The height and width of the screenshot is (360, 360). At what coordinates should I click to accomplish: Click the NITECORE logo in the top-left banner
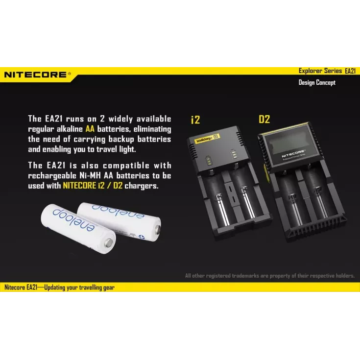(37, 74)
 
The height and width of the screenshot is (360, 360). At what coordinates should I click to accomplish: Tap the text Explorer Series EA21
(327, 71)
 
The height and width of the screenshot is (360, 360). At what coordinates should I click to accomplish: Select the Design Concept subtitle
(317, 82)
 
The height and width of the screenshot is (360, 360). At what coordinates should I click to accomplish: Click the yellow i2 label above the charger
(195, 120)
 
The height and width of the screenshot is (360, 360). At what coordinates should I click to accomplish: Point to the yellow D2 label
(264, 119)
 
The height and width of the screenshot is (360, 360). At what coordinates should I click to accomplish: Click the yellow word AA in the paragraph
(90, 129)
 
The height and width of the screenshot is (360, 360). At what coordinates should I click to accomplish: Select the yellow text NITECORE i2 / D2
(93, 186)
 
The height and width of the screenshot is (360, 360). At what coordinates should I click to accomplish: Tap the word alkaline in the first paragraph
(70, 129)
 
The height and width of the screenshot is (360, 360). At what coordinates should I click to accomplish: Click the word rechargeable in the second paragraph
(52, 176)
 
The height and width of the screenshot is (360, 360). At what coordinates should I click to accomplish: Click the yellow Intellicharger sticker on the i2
(207, 138)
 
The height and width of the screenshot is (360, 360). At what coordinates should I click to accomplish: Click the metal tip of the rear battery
(158, 230)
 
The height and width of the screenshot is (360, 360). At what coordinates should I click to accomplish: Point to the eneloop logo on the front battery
(73, 220)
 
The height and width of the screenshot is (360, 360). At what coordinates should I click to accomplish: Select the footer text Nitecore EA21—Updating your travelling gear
(59, 287)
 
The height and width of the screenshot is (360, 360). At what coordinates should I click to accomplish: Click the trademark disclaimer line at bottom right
(270, 275)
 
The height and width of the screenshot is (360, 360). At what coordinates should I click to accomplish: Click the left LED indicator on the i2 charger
(209, 161)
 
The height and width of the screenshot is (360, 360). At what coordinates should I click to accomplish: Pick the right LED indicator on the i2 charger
(234, 154)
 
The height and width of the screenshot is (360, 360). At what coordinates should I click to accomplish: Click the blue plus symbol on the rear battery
(142, 237)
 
